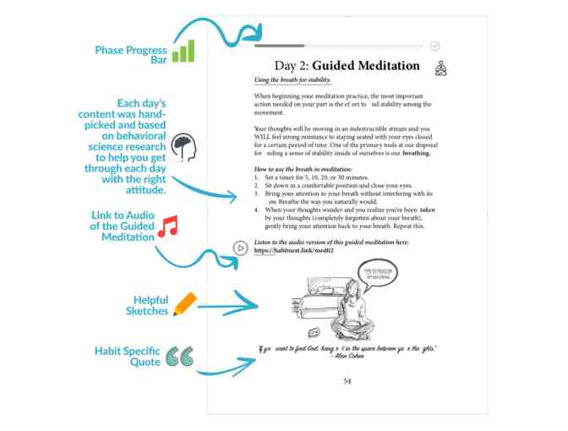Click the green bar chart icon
tap(183, 52)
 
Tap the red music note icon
tap(169, 226)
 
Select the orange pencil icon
tap(184, 304)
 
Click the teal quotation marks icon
tap(179, 357)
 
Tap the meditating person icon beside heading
tap(440, 68)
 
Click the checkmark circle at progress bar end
tap(434, 46)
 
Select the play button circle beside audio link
tap(241, 248)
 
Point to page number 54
tap(347, 381)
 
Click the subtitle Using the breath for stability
tap(292, 80)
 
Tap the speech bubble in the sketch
tap(378, 274)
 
